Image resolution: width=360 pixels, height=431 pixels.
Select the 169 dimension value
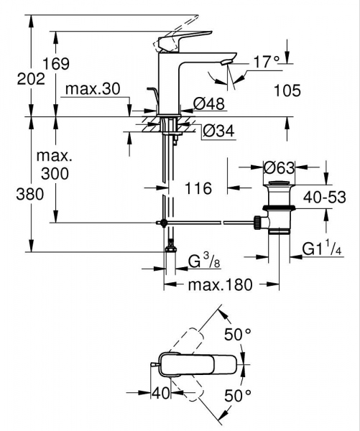tap(55, 63)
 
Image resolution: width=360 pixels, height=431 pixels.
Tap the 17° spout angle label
tap(265, 63)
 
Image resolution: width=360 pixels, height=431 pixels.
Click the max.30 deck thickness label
tap(91, 90)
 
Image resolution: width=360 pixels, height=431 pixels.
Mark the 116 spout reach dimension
tap(197, 189)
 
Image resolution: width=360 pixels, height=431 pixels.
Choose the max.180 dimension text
tap(220, 285)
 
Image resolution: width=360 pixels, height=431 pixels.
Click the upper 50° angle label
tap(237, 334)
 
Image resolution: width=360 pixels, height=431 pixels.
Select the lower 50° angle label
tap(237, 394)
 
